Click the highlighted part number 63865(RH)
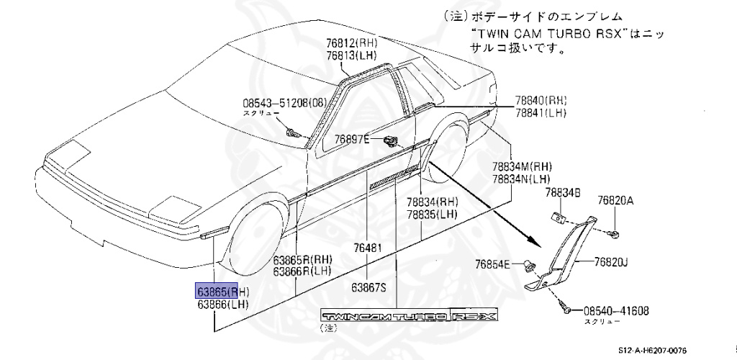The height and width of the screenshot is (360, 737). pos(223,292)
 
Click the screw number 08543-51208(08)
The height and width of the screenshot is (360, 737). pos(276,102)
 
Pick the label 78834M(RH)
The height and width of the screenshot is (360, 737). pos(522,166)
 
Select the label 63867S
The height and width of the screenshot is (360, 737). pos(369,287)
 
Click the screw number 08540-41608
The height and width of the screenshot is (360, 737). pos(615,311)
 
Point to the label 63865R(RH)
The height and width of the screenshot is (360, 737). pos(302,259)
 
